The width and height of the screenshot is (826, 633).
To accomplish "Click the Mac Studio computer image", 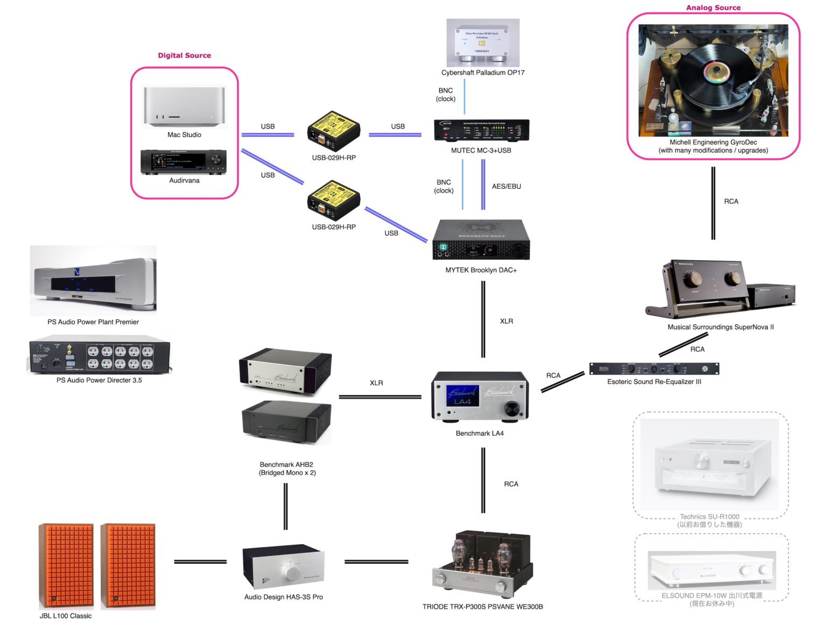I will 184,106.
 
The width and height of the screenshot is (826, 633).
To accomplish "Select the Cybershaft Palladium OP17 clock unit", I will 482,42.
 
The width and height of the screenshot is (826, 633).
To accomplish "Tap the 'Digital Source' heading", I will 184,55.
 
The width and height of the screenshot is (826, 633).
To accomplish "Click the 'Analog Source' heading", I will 713,8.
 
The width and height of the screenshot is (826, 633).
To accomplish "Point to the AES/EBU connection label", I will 506,187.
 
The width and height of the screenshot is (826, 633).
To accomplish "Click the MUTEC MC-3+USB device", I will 481,130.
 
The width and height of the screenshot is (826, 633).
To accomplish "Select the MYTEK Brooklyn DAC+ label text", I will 481,270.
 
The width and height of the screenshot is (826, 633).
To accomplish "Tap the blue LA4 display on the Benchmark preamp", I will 462,395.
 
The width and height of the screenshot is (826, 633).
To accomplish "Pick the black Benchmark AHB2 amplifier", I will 286,423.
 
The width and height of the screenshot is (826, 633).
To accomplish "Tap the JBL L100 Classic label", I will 66,616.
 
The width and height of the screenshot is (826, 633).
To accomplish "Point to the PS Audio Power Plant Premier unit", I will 93,281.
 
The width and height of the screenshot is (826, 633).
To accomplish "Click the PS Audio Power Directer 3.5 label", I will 99,380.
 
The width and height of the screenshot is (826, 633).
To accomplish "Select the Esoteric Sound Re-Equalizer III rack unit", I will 654,369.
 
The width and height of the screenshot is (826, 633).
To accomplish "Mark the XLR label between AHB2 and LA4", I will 376,383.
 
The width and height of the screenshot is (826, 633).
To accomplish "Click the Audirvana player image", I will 183,161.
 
